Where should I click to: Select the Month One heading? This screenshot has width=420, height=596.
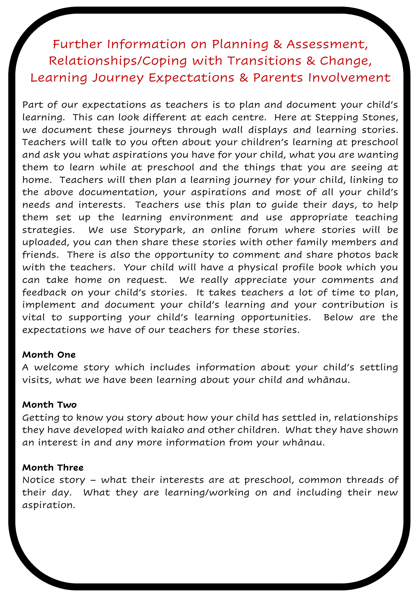(49, 355)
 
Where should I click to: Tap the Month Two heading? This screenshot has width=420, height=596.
(49, 405)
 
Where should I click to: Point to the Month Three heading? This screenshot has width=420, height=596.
(53, 467)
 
